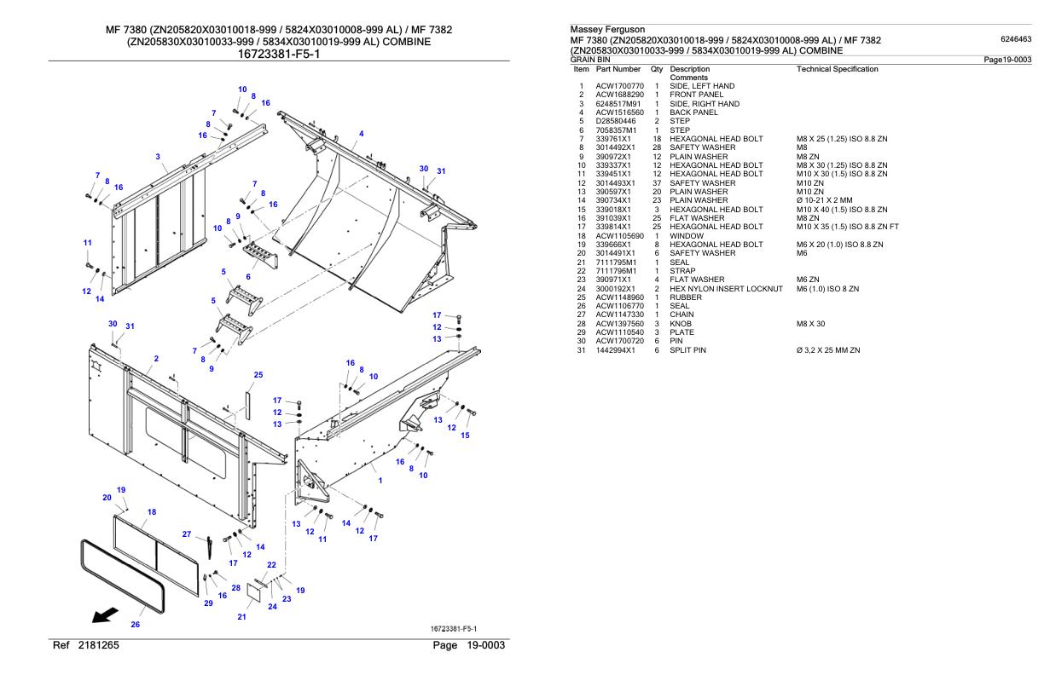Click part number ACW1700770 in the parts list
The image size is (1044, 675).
(x=619, y=86)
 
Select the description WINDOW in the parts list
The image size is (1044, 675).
(x=687, y=235)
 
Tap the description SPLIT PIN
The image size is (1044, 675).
(x=693, y=350)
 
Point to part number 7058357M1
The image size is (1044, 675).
(x=618, y=130)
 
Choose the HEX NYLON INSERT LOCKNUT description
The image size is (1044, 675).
(x=726, y=288)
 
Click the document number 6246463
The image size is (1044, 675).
(x=1015, y=39)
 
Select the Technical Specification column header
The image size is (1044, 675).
(x=837, y=68)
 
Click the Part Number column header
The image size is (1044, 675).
(x=618, y=68)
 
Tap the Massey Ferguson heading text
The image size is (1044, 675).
(x=606, y=30)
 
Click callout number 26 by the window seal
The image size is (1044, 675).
(x=135, y=624)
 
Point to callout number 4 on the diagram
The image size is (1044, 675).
(x=362, y=134)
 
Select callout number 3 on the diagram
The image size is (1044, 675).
(x=158, y=156)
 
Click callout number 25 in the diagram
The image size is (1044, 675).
(x=258, y=374)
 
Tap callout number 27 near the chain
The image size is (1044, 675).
(x=187, y=534)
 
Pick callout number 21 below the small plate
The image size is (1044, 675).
(x=241, y=616)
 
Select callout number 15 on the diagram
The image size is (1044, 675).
(x=465, y=436)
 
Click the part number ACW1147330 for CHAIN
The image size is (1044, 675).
(x=619, y=314)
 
